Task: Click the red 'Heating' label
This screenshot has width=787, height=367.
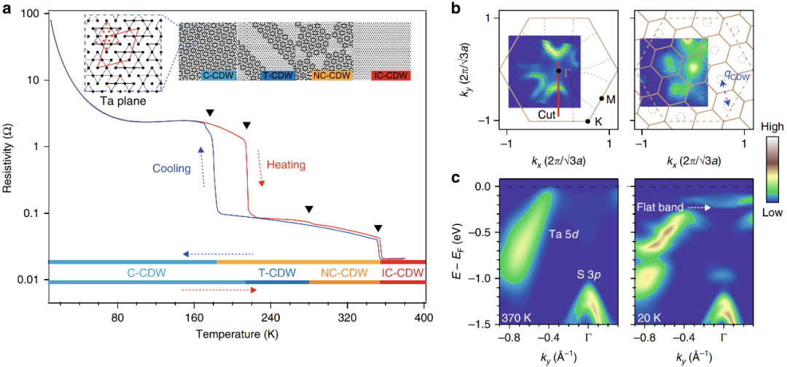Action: tap(285, 165)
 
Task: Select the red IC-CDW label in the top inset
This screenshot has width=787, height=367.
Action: tap(391, 75)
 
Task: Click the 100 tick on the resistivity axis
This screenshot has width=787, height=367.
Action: tap(28, 14)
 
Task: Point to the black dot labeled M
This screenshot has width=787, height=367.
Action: tap(602, 98)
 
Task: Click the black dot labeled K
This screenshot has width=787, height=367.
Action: tap(587, 122)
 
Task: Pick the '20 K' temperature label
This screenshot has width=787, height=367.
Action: tap(649, 317)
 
